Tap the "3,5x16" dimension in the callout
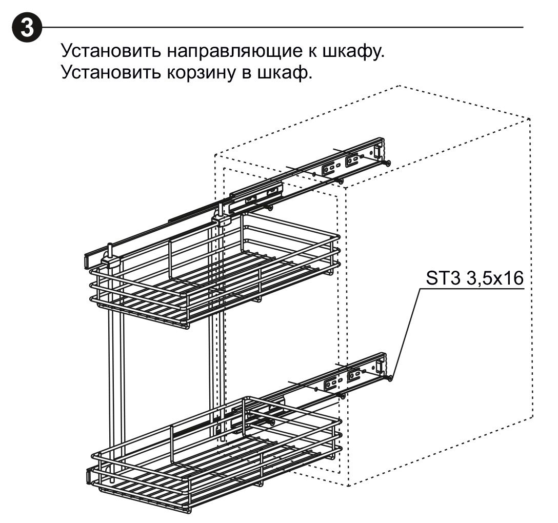click(x=494, y=279)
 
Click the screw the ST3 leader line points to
click(x=389, y=378)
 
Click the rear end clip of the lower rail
click(x=380, y=366)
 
